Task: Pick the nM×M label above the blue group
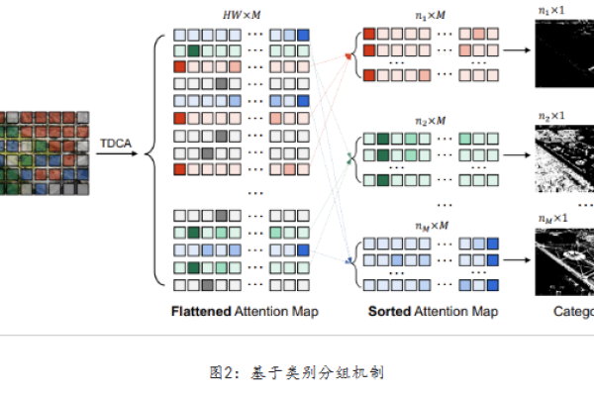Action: [432, 224]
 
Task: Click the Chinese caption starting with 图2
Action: [296, 372]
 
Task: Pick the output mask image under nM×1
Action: [564, 260]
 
